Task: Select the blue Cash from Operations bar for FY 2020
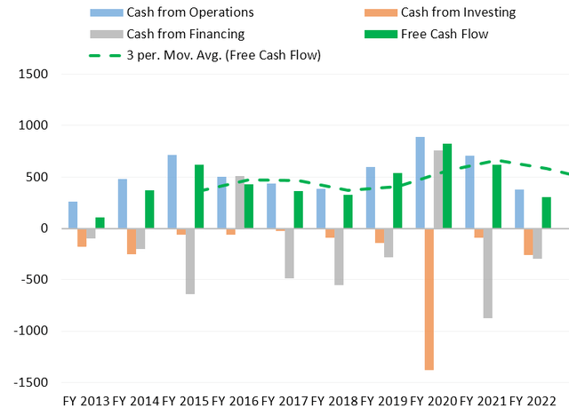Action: pyautogui.click(x=419, y=182)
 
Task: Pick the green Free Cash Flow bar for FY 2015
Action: pyautogui.click(x=200, y=196)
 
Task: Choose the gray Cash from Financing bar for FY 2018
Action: pyautogui.click(x=339, y=257)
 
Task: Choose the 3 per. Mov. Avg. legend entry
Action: pyautogui.click(x=204, y=55)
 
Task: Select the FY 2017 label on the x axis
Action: pyautogui.click(x=286, y=403)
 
